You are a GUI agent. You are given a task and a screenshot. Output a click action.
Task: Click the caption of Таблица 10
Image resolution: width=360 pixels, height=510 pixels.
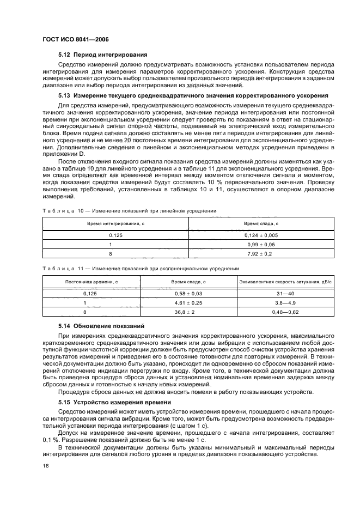[x=129, y=210]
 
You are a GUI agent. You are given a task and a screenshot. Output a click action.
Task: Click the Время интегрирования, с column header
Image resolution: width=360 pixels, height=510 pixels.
[x=115, y=224]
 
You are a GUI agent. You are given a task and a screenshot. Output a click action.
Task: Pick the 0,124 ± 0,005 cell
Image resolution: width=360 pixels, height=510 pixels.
[x=261, y=235]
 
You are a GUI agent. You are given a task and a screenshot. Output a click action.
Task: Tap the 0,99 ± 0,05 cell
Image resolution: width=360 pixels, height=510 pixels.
[x=261, y=244]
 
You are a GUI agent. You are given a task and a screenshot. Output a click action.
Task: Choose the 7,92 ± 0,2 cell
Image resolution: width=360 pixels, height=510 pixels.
[x=261, y=253]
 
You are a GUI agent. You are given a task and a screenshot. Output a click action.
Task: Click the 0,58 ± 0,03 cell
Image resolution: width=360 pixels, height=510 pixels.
[x=188, y=293]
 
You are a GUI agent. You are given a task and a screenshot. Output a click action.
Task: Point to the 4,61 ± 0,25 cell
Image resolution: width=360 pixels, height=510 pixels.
[x=188, y=302]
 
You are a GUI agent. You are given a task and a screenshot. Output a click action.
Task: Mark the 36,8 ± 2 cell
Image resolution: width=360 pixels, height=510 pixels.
[x=188, y=311]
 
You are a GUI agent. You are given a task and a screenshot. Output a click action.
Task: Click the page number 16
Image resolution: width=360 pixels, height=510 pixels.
[x=45, y=465]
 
